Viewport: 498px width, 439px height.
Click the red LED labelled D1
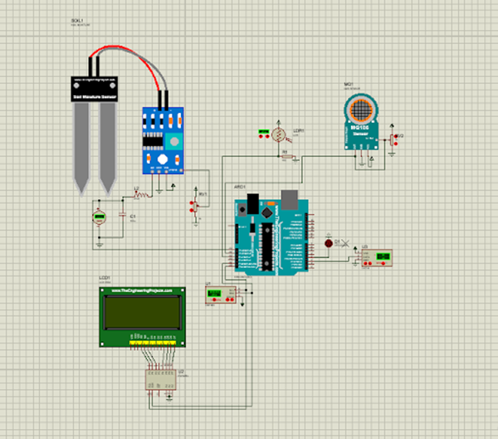328,243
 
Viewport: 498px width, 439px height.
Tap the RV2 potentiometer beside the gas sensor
393,139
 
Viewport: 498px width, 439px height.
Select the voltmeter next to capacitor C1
100,217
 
